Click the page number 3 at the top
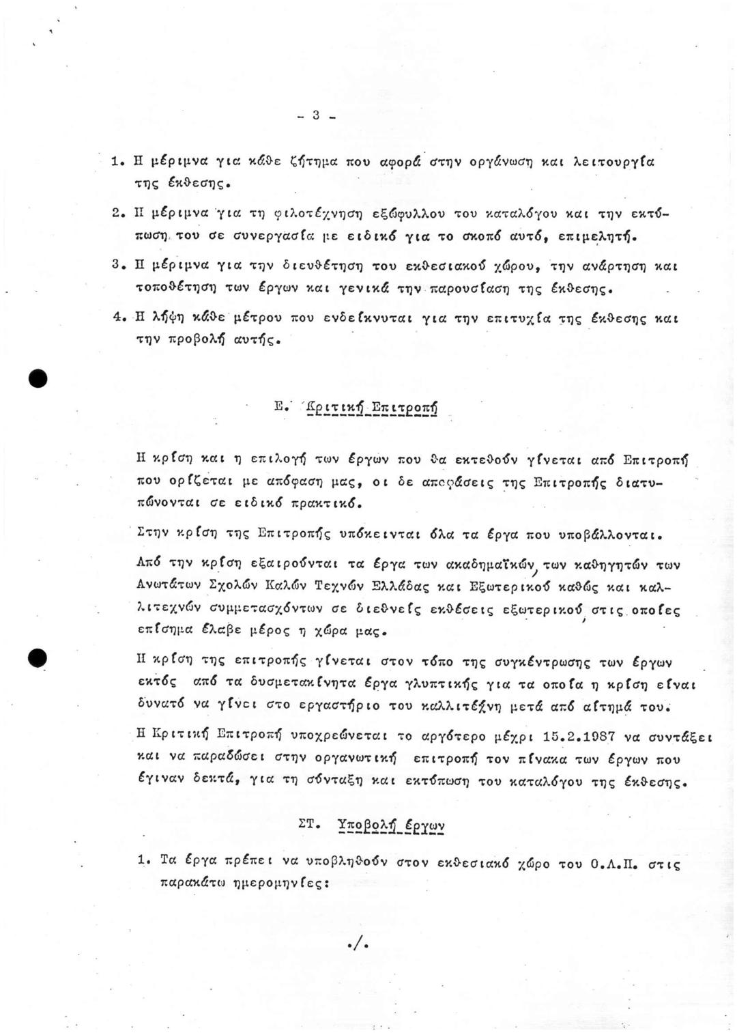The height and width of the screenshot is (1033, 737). click(316, 116)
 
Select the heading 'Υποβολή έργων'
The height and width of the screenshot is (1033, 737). click(391, 825)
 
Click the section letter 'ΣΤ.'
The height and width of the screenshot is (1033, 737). click(310, 824)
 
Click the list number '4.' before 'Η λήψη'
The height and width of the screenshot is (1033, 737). click(117, 318)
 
